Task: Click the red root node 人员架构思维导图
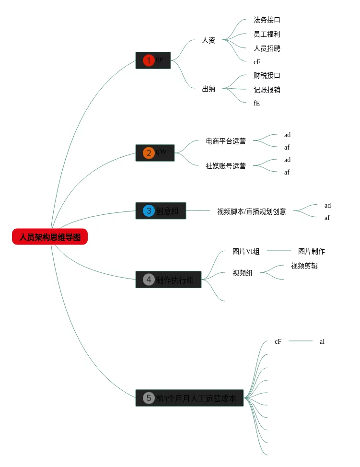50,237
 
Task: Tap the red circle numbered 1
149,60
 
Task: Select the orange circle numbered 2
149,153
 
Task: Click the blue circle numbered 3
149,210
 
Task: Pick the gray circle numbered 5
149,398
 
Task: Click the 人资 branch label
209,40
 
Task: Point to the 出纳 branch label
209,89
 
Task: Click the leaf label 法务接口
267,20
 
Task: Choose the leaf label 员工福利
267,34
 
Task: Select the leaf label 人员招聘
267,48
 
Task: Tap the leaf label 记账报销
267,90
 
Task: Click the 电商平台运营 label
226,141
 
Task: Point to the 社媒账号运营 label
226,166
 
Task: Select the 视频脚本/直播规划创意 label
252,211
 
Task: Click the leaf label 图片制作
312,251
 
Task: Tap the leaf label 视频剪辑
304,266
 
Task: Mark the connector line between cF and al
301,341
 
